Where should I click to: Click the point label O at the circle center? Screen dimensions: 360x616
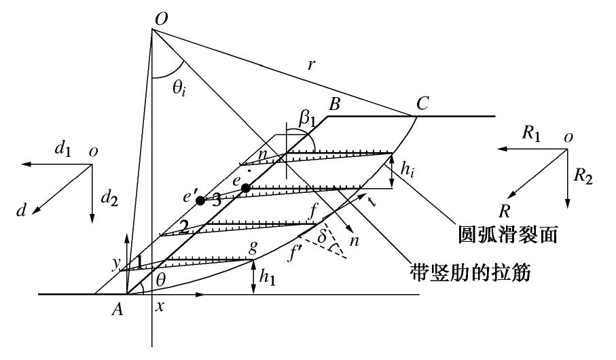tap(161, 19)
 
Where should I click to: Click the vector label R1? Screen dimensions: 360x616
tap(531, 133)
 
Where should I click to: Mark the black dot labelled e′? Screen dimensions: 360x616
tap(200, 200)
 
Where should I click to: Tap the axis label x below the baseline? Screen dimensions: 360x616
tap(160, 308)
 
